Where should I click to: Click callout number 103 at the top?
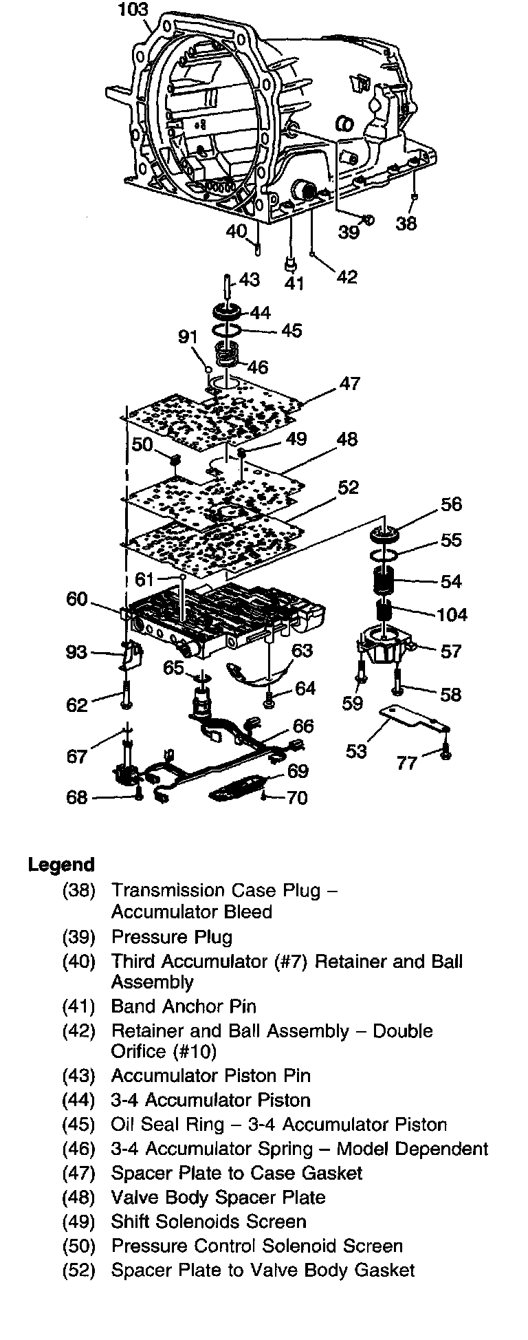tap(133, 10)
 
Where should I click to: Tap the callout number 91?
tap(188, 337)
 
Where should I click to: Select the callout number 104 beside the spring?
tap(451, 614)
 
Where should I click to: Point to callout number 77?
tap(407, 763)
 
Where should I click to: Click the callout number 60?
tap(77, 599)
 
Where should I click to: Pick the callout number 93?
tap(76, 651)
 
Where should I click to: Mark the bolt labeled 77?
tap(445, 751)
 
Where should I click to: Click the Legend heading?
tap(61, 865)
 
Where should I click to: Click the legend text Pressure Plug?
tap(172, 937)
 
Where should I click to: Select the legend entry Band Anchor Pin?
tap(184, 1006)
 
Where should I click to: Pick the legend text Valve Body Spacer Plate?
tap(218, 1197)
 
